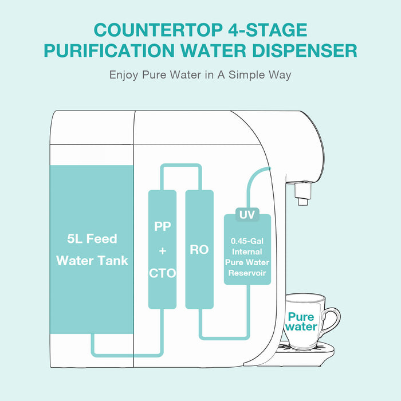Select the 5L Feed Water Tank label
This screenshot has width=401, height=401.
92,249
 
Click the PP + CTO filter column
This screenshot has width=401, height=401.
162,249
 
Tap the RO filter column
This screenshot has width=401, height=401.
199,250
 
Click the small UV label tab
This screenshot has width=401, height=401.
247,215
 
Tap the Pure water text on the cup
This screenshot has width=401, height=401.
301,321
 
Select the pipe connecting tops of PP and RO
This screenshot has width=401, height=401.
180,167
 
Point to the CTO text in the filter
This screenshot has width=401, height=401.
162,273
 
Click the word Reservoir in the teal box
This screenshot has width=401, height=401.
247,273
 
